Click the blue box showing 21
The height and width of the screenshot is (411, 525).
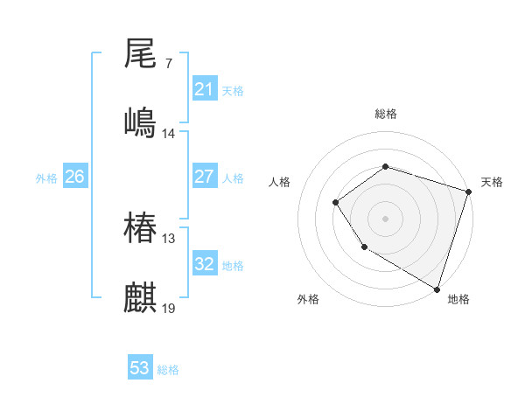[x=204, y=89]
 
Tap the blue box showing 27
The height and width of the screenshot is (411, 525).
[x=204, y=177]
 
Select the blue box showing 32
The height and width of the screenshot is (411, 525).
[x=204, y=264]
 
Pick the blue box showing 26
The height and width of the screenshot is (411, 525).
[x=74, y=177]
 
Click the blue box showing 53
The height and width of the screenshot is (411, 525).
[x=140, y=368]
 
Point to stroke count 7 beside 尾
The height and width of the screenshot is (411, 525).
[x=168, y=63]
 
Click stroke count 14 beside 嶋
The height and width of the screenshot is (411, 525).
[x=169, y=134]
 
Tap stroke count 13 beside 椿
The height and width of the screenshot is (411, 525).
[x=169, y=239]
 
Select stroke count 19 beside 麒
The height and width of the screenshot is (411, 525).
[x=169, y=309]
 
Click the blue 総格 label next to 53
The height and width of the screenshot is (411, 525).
[x=168, y=370]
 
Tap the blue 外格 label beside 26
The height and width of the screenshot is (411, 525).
[x=46, y=178]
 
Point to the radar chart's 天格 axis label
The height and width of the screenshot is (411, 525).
[x=492, y=182]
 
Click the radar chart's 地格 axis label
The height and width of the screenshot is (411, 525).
[x=458, y=299]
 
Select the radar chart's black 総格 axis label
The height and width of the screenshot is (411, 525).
[x=385, y=114]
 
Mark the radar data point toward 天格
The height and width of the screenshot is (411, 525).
[x=468, y=192]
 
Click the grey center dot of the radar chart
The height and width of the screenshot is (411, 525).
[x=385, y=218]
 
